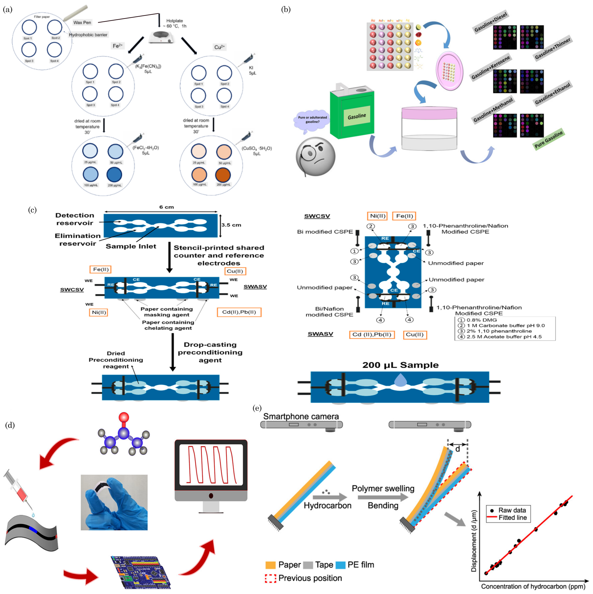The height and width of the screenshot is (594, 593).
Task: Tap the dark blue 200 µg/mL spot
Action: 114,175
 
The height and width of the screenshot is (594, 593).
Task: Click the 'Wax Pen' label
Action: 82,22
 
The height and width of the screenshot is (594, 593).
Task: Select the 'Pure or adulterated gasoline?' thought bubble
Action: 312,120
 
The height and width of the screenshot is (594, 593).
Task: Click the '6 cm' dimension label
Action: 166,207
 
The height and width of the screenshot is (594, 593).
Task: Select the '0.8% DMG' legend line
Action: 481,320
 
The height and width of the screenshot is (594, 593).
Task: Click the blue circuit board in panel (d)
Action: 141,572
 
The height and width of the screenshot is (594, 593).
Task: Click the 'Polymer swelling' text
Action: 383,488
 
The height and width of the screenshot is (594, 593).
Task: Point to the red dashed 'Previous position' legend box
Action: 270,578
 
